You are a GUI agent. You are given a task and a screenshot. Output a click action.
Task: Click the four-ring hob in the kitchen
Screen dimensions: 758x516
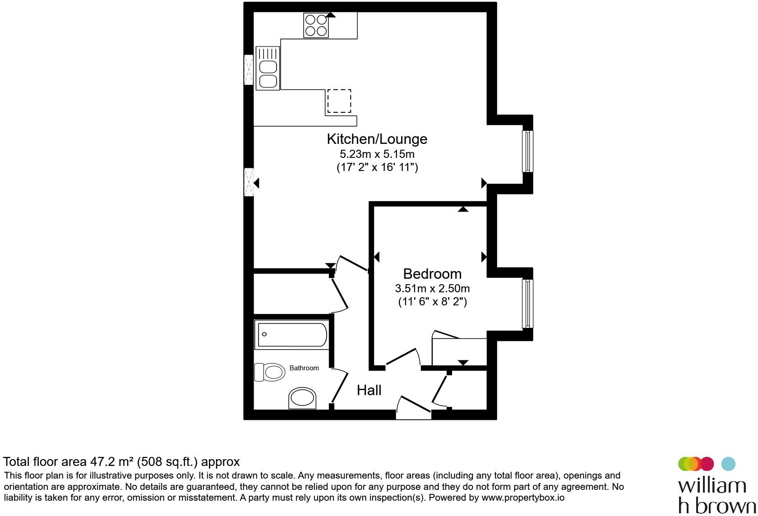[316, 25]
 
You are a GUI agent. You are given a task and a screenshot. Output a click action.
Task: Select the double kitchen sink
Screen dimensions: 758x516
[268, 69]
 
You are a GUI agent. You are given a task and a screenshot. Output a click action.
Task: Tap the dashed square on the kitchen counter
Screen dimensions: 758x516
[339, 101]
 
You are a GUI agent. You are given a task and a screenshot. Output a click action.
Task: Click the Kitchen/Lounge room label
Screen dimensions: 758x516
[377, 139]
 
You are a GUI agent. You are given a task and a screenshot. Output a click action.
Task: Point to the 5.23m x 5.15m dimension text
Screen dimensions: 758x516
[377, 154]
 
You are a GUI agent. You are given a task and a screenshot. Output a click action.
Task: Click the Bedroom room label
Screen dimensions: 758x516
[432, 274]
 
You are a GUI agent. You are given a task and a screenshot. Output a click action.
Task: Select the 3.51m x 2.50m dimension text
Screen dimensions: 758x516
[432, 289]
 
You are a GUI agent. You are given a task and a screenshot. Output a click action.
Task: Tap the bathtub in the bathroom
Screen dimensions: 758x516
[291, 335]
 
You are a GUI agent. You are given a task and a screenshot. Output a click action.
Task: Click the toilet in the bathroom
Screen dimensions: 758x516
[269, 372]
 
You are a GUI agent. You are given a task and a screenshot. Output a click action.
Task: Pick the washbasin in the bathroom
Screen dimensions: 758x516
[302, 398]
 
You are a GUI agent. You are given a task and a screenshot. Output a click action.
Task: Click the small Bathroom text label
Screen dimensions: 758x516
[304, 368]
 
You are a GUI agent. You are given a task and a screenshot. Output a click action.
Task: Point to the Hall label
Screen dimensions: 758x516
[369, 391]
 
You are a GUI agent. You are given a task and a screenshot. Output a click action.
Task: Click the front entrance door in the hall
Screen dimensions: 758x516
[413, 408]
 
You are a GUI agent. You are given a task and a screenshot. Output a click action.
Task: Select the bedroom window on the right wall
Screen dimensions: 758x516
[527, 304]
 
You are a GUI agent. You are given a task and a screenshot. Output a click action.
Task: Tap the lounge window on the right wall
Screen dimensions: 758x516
[527, 151]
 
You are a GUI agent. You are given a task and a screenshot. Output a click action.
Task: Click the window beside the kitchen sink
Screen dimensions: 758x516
[249, 70]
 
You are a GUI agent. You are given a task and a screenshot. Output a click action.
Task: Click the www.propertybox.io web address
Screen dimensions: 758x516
[523, 498]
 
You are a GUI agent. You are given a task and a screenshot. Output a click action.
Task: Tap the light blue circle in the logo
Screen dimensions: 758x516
[728, 464]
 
